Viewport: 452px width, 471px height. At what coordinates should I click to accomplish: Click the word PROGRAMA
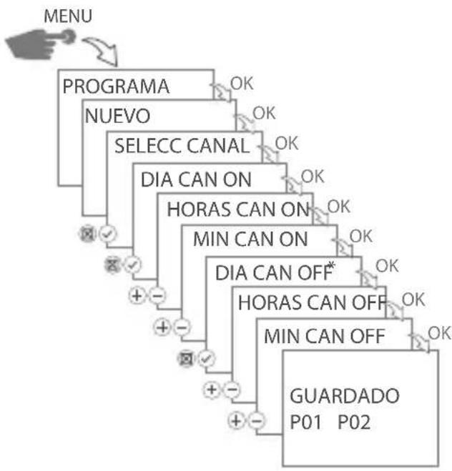117,87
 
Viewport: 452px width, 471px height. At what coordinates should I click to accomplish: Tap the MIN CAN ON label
250,239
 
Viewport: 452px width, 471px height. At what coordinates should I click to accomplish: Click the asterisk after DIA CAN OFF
331,267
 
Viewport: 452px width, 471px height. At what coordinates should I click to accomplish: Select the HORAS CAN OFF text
312,302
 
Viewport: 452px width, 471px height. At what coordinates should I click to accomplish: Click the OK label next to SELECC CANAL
286,142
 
